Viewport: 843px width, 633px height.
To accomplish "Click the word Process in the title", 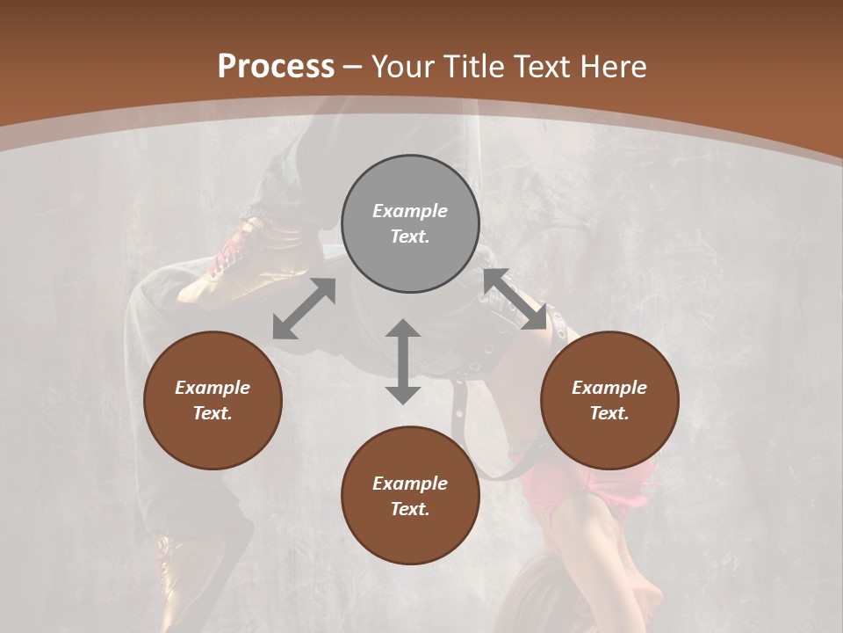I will click(x=276, y=67).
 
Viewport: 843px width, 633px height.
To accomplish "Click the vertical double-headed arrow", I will click(x=403, y=361).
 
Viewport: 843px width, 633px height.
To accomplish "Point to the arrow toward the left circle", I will click(x=304, y=308).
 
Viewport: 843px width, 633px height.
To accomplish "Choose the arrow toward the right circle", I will click(x=515, y=299).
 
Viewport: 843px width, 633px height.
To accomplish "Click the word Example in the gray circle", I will click(x=410, y=211).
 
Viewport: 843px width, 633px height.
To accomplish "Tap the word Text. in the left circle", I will click(x=213, y=413).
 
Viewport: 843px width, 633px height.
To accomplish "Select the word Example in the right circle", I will click(x=609, y=388).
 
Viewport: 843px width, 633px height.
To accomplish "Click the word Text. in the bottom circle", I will click(x=410, y=509).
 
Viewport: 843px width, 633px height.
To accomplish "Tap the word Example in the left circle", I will click(x=213, y=388).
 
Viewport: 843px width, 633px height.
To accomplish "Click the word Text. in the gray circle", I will click(x=410, y=236).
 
